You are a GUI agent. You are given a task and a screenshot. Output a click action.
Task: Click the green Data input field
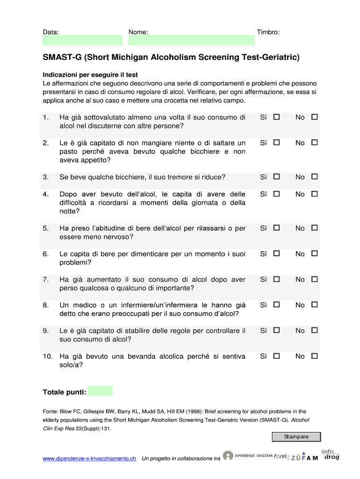81,41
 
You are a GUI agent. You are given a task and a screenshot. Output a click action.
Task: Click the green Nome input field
192,41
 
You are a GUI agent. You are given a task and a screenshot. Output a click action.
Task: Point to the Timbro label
268,32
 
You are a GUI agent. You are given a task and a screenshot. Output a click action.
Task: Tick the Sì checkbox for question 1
277,117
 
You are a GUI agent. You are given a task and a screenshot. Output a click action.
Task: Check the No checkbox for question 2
315,142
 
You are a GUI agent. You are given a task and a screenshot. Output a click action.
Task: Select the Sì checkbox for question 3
277,177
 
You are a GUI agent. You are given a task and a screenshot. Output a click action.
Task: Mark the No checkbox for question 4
315,194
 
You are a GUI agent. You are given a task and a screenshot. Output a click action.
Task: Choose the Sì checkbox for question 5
277,228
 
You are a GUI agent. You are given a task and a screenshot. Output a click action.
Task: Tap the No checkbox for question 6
315,254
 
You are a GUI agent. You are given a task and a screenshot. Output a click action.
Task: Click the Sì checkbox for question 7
277,279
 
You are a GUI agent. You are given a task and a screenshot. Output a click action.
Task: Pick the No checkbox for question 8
315,305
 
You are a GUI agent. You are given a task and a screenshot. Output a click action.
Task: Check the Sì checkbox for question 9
277,330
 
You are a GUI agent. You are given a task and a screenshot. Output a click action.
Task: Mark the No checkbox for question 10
315,356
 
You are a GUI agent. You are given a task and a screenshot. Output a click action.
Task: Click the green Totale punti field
100,391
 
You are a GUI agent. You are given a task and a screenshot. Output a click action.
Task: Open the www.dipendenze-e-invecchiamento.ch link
89,459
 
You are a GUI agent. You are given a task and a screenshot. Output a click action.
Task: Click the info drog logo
330,454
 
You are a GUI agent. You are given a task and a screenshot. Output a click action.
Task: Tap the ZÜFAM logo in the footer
304,457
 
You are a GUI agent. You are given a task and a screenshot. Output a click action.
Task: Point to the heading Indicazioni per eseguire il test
90,75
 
